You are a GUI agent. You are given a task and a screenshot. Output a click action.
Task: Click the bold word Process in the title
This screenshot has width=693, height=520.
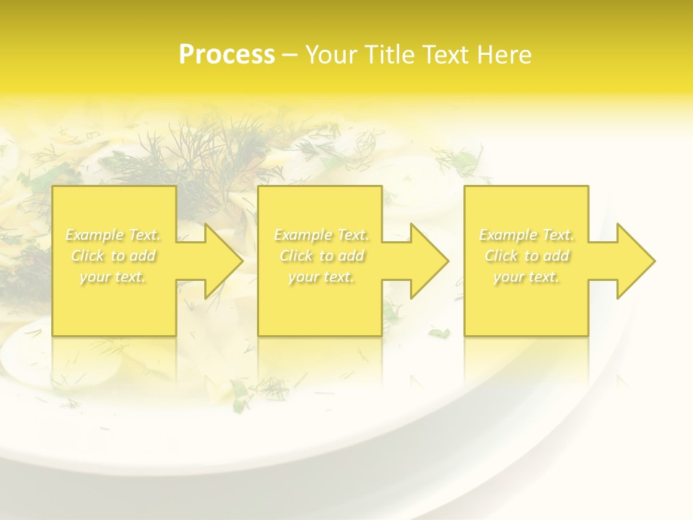[x=227, y=54]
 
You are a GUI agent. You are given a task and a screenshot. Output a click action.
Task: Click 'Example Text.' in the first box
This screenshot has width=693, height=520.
[x=113, y=235]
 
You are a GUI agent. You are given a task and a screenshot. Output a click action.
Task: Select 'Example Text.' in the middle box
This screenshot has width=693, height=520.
[x=321, y=235]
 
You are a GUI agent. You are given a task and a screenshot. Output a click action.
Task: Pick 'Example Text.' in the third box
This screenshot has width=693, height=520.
[x=526, y=235]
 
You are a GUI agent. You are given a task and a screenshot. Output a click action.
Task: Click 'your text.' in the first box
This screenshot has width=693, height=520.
[x=113, y=277]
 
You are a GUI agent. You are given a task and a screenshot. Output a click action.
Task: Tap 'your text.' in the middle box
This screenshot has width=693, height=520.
[x=321, y=277]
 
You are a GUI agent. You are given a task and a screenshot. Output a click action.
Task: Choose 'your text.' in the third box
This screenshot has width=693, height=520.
[x=526, y=277]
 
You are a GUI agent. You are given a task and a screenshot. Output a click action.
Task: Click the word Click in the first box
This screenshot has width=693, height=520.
[x=87, y=256]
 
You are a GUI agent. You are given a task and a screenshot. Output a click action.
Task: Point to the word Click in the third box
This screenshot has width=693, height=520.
[x=501, y=256]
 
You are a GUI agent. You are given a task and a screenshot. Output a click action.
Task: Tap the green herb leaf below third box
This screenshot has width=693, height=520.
[x=438, y=333]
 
